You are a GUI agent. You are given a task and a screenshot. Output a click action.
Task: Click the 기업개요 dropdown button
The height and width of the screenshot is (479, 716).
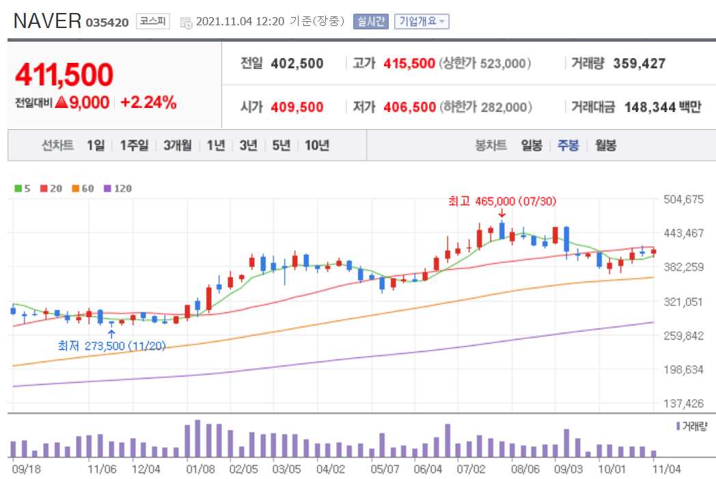[421, 21]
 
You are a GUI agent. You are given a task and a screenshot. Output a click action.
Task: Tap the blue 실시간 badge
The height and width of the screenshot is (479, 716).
[370, 21]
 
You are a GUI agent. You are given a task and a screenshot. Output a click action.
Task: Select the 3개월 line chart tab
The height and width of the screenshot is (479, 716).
[178, 145]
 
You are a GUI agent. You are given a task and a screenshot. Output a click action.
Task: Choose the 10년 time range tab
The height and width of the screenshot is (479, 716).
[317, 145]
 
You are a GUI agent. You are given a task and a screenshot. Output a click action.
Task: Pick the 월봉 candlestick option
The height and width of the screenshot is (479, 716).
[605, 145]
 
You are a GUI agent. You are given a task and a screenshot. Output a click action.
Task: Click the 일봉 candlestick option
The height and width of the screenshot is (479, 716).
[532, 145]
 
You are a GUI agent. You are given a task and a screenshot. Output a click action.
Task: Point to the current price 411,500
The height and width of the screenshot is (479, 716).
[64, 74]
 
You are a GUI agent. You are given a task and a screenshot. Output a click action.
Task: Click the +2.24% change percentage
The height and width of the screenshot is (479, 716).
[148, 102]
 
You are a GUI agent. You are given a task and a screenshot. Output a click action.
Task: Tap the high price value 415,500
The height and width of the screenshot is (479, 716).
[409, 64]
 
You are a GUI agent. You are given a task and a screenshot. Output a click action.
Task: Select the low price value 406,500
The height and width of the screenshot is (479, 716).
[409, 107]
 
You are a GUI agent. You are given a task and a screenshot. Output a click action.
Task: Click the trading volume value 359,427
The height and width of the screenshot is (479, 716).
[639, 64]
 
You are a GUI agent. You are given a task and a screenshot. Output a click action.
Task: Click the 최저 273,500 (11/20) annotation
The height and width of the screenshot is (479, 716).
[111, 346]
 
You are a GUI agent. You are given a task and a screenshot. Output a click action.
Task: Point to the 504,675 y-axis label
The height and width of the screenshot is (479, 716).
[684, 200]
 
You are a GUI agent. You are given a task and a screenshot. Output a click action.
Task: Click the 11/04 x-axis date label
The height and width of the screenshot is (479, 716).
[667, 469]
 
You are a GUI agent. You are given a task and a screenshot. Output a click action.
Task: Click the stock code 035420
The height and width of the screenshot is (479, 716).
[107, 23]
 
